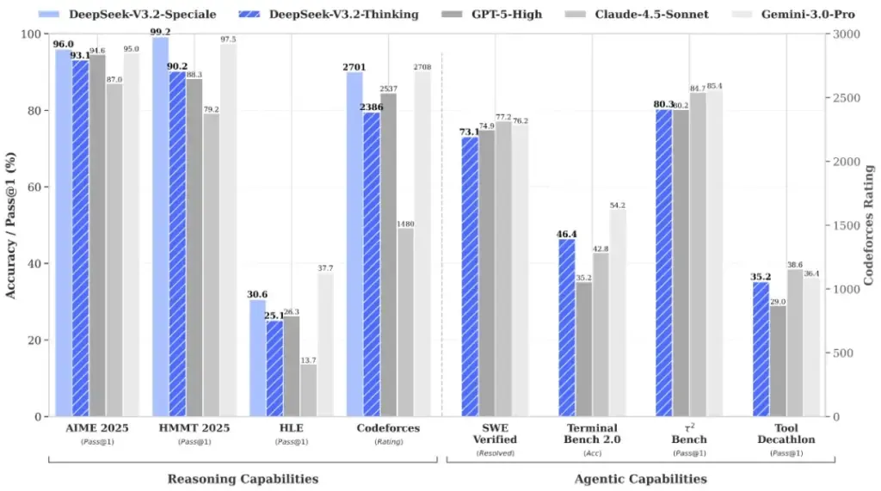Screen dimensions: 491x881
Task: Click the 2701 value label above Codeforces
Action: click(x=354, y=66)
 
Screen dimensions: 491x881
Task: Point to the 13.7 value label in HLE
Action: click(x=307, y=359)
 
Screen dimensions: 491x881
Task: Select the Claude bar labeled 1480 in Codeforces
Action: click(x=404, y=322)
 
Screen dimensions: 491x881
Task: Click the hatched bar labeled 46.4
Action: click(x=567, y=327)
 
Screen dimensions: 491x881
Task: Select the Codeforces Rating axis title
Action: click(x=869, y=225)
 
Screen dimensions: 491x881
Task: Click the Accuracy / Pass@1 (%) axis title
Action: click(x=11, y=225)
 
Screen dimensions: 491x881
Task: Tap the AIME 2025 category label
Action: click(x=97, y=427)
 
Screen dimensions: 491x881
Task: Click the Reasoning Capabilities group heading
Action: click(x=243, y=478)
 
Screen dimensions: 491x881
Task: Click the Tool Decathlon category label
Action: click(x=787, y=433)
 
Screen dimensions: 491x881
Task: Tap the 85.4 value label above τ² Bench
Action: click(x=714, y=86)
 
